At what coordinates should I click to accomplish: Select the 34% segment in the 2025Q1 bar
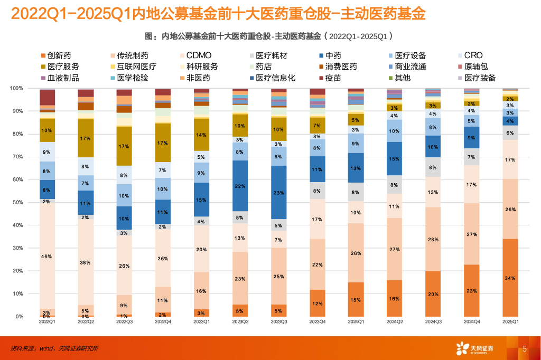(x=510, y=278)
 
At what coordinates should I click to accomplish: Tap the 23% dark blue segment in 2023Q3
(x=279, y=192)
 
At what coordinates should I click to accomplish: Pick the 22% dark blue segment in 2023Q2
(x=240, y=186)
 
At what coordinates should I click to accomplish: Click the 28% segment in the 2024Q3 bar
(x=433, y=239)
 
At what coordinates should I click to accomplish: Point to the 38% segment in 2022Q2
(x=86, y=262)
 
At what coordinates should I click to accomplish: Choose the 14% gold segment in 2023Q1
(x=201, y=135)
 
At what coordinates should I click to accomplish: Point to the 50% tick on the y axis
(x=17, y=203)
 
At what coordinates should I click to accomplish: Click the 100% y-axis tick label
(x=16, y=88)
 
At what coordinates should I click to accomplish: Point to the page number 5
(x=525, y=348)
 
